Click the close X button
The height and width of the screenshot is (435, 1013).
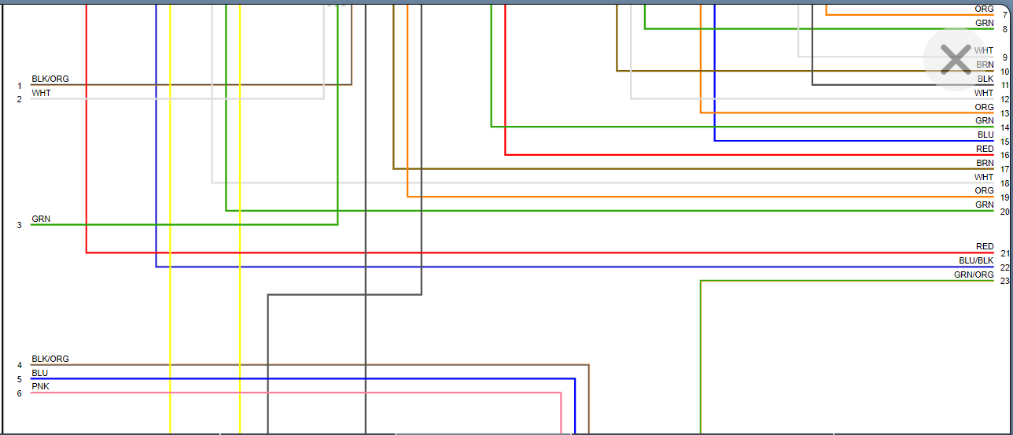coord(956,60)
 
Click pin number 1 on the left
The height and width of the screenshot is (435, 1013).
coord(20,86)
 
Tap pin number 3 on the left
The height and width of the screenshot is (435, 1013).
coord(20,226)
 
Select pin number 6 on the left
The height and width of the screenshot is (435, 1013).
coord(20,393)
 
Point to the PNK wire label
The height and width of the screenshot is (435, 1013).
coord(40,386)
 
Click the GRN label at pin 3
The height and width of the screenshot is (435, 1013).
coord(41,219)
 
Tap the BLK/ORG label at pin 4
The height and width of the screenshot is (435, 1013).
coord(50,359)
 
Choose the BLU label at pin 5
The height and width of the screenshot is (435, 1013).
coord(40,373)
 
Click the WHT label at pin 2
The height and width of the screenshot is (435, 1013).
coord(41,93)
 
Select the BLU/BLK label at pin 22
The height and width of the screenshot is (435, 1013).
coord(976,260)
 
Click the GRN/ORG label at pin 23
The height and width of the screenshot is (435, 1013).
coord(974,275)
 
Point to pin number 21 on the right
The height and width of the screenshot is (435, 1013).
coord(1004,253)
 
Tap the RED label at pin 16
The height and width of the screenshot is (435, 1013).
coord(985,149)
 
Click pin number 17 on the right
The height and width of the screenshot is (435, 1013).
coord(1004,170)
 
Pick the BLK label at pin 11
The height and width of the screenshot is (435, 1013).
coord(985,79)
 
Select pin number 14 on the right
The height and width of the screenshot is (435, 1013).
coord(1004,127)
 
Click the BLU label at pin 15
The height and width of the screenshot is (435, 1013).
coord(985,135)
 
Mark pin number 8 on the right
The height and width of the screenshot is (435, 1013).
coord(1004,29)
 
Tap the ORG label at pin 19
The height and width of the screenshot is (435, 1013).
coord(985,190)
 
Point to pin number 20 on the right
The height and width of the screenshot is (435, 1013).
coord(1004,212)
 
